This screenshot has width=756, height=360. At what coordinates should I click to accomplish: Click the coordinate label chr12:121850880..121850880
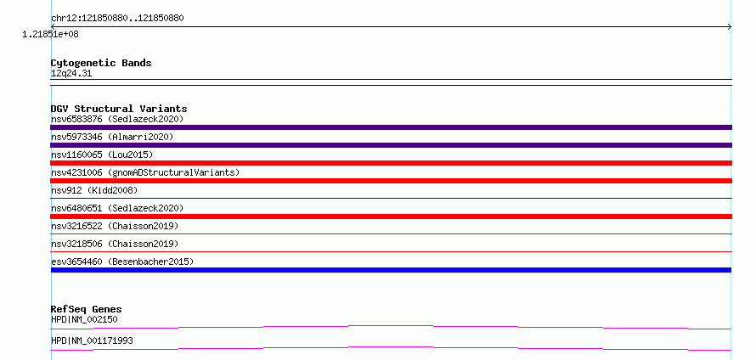point(117,19)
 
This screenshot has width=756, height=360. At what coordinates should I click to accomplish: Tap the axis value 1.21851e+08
point(51,34)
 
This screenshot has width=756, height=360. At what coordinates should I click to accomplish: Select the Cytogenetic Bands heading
point(101,63)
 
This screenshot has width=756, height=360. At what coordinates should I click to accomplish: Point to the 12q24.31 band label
point(71,74)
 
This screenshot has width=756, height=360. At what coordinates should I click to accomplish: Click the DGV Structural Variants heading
point(119,109)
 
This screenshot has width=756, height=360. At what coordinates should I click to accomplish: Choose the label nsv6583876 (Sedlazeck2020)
point(117,119)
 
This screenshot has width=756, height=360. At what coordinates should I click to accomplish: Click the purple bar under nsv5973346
point(391,145)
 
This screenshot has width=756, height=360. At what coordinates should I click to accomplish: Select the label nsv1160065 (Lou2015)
point(102,155)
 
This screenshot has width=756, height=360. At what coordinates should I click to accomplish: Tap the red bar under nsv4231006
point(391,181)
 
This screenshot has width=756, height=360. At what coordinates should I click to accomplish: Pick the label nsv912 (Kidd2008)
point(94,190)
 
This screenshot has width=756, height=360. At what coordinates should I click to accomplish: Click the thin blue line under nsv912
point(391,198)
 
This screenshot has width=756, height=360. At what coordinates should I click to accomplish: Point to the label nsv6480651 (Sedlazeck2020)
point(117,208)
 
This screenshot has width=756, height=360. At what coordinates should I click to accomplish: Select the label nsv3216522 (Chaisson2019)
point(115,226)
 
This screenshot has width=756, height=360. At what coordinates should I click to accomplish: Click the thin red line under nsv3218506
point(391,251)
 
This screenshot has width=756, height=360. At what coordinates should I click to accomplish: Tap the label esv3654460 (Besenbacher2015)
point(122,262)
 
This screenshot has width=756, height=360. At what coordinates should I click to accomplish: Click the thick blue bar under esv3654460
point(391,270)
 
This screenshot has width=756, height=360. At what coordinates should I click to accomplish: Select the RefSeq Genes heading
point(87,309)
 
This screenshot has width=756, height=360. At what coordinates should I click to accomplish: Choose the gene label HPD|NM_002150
point(84,319)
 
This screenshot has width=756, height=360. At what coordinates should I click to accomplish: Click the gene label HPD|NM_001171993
point(92,340)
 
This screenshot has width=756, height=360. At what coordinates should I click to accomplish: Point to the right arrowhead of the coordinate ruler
point(731,27)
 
